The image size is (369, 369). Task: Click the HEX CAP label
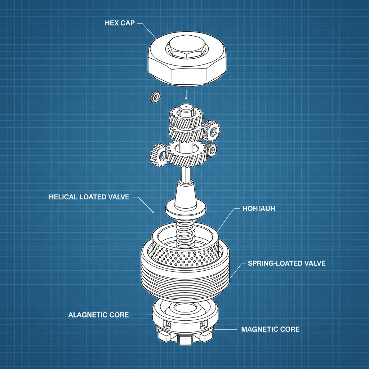tap(119, 23)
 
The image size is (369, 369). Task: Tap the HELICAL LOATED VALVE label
tap(89, 197)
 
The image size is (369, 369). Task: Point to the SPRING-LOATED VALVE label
tap(286, 263)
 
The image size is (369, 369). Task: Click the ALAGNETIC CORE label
tap(98, 315)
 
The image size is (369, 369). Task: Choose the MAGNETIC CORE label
tap(270, 329)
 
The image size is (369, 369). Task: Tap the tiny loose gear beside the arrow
tap(155, 97)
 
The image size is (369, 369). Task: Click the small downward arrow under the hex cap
tap(186, 95)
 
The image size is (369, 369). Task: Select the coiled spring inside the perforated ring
tap(185, 234)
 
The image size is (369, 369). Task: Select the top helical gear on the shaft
tap(186, 117)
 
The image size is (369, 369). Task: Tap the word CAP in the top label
tap(129, 23)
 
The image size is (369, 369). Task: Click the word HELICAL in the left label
tap(63, 197)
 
